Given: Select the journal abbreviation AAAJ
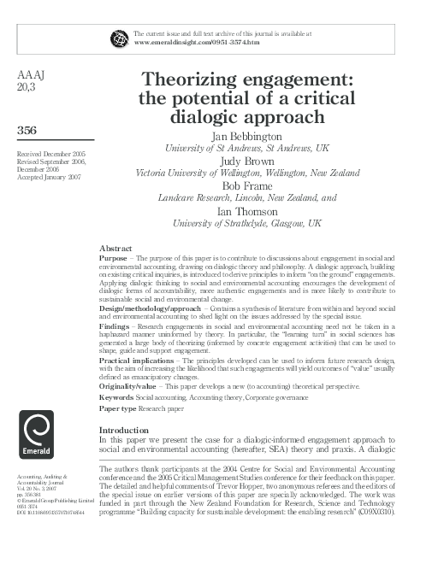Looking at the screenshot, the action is point(32,75).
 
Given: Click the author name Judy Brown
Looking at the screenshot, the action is point(246,160).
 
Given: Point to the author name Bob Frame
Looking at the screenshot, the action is point(246,185).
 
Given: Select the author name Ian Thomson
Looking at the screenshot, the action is point(246,209).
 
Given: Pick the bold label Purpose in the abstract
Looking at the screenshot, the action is point(113,257).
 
